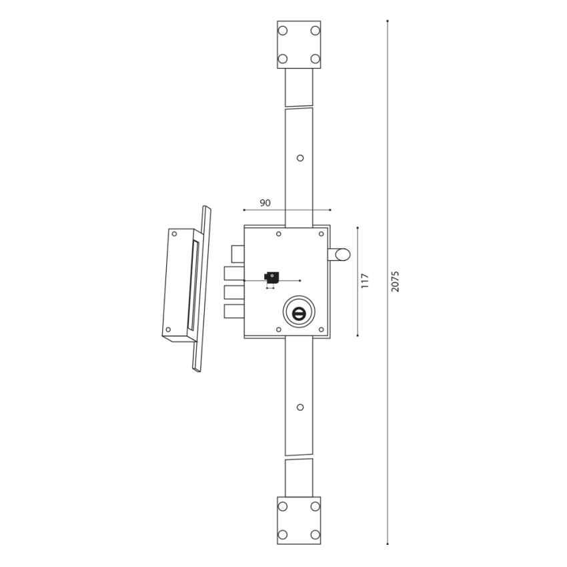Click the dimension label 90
265,203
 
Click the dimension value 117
364,281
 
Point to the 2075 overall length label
395,281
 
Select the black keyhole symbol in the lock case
272,277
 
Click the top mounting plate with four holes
299,45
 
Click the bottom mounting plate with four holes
299,520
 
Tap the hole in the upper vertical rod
300,158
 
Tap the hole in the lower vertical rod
300,407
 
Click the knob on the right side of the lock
340,254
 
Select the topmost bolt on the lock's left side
238,254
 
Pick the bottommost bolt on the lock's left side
233,312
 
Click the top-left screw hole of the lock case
279,233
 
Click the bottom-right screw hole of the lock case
321,330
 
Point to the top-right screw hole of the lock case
321,233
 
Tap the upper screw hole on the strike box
175,234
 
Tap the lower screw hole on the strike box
169,330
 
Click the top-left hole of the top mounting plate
283,31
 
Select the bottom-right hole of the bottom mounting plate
314,534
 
